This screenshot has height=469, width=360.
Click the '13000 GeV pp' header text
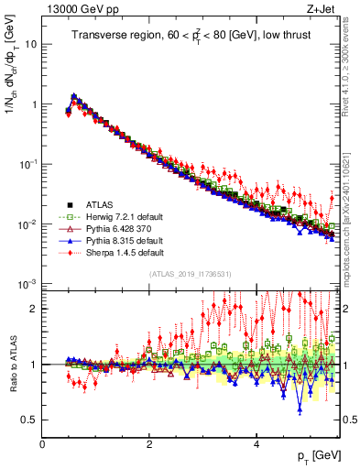tap(78, 8)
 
